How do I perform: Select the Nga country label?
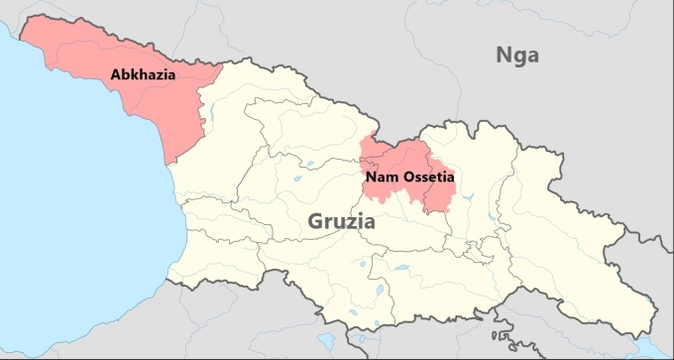(x=517, y=56)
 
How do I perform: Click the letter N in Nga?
(x=504, y=55)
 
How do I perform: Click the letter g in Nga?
(x=519, y=58)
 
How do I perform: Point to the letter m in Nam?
(x=391, y=179)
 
